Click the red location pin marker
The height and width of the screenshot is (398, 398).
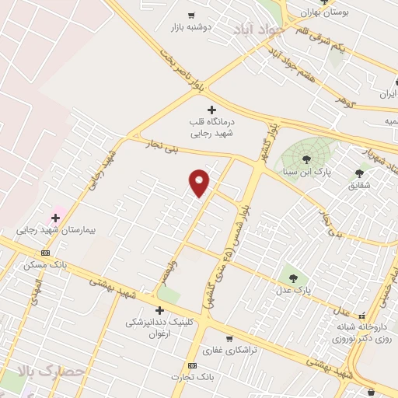[x=200, y=182]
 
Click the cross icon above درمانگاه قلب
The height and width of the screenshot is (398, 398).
[x=211, y=110]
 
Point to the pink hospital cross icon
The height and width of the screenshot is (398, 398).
[x=55, y=218]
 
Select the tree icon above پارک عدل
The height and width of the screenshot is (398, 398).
[x=294, y=276]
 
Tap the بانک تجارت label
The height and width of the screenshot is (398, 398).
[x=194, y=378]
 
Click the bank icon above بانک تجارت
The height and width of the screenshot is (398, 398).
[x=192, y=365]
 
